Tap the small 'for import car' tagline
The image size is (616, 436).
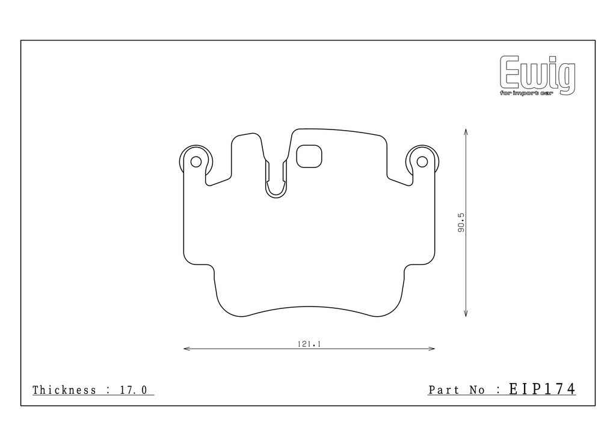526,93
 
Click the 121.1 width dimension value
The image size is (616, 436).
309,344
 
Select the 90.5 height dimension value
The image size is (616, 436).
461,223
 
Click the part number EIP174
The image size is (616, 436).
542,389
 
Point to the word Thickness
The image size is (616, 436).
64,390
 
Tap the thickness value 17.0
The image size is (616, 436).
133,390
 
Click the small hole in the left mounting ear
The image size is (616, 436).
196,161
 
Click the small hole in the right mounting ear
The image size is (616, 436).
422,161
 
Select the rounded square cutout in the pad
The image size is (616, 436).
309,156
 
